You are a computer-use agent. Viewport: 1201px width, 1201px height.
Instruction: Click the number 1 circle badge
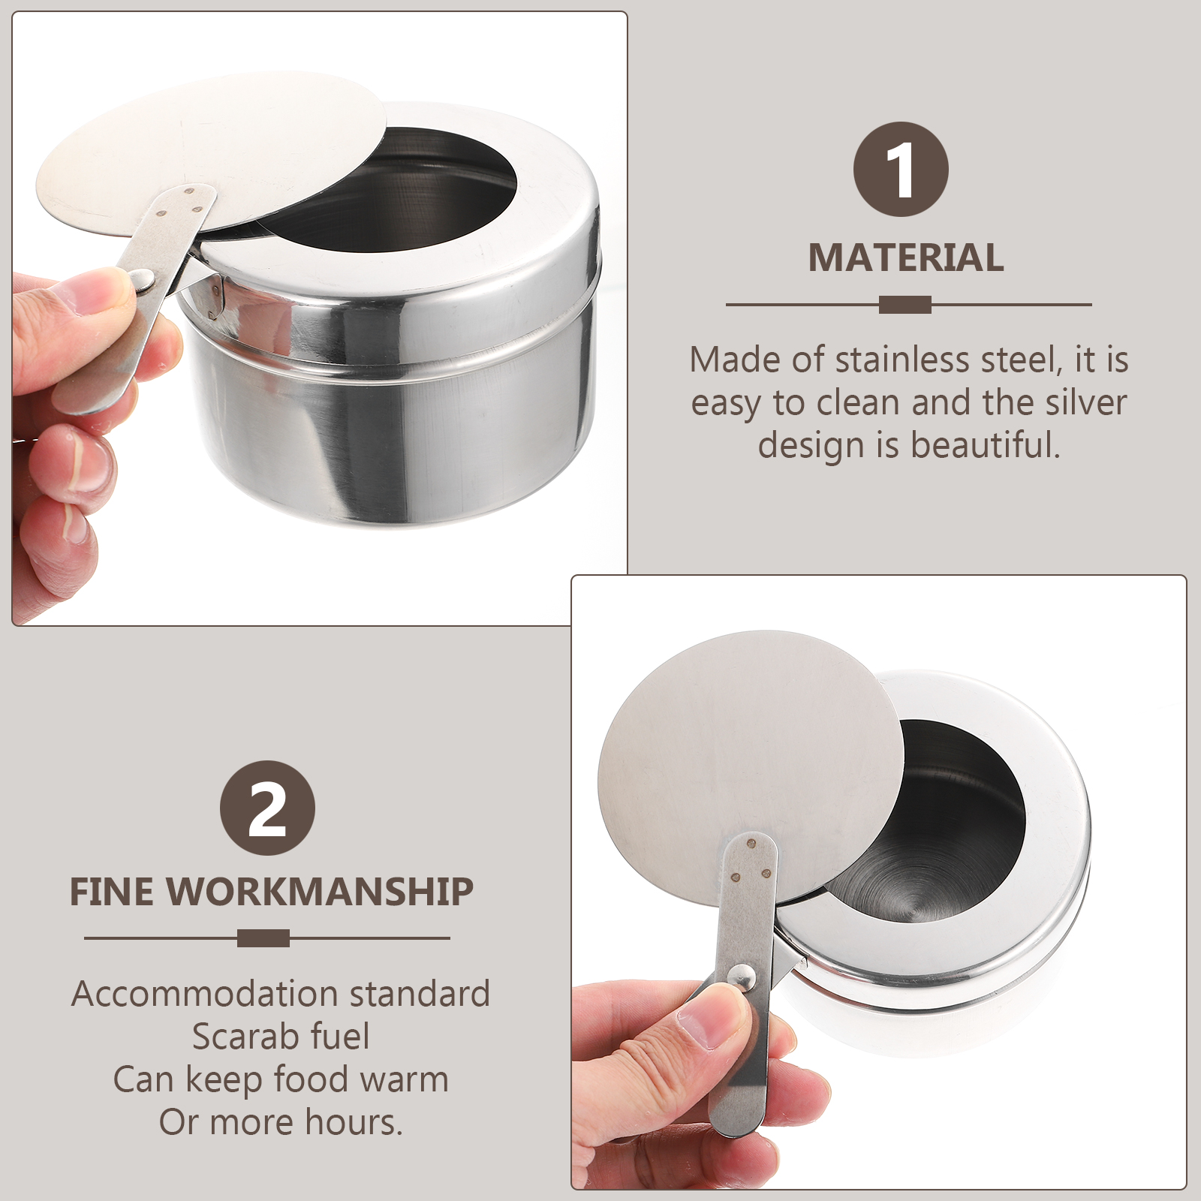[x=901, y=170]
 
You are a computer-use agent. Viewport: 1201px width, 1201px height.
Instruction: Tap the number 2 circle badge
[x=267, y=808]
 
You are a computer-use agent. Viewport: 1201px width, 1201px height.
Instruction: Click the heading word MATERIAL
[x=906, y=258]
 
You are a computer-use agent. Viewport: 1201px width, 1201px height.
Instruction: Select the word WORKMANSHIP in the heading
[x=320, y=892]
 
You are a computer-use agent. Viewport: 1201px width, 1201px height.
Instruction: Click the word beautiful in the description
[x=985, y=445]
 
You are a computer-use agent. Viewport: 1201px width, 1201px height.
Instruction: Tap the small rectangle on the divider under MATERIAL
[x=905, y=305]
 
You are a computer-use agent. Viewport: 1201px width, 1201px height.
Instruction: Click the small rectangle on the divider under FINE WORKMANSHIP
[x=263, y=938]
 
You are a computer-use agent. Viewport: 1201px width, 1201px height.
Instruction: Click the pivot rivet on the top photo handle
[x=144, y=281]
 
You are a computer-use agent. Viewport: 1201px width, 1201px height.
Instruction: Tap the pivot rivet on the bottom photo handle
[x=742, y=977]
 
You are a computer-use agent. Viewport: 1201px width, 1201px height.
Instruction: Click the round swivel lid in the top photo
[x=212, y=150]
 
